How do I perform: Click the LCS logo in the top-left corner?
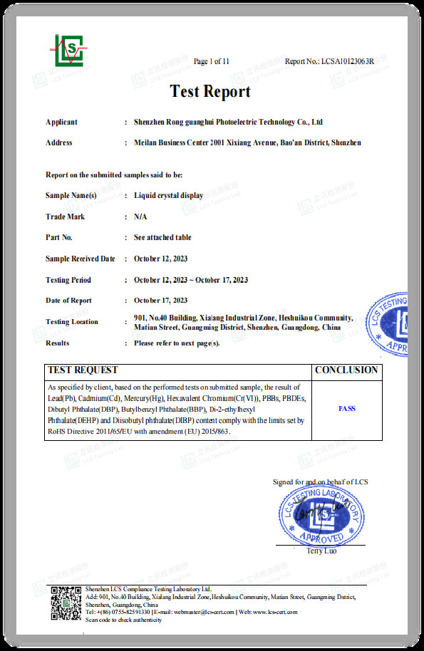coord(68,49)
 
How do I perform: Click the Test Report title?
coord(210,92)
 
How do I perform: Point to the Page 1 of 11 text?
coord(212,61)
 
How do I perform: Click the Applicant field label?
coord(61,122)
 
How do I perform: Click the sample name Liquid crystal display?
coord(168,195)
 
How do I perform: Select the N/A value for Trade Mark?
coord(140,217)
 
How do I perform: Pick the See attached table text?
coord(162,237)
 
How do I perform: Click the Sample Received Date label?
coord(80,259)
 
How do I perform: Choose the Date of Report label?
coord(68,301)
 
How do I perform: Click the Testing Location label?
coord(72,322)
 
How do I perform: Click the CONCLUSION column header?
coord(346,370)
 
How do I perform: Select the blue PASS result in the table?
coord(346,409)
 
